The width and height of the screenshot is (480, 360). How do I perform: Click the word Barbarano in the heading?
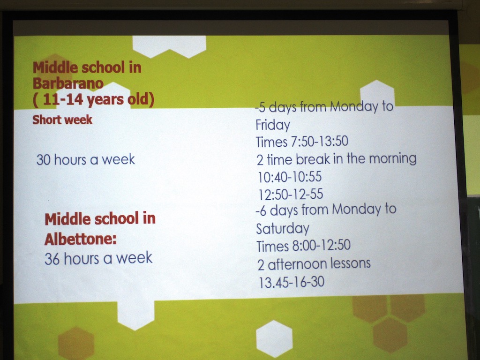[68, 83]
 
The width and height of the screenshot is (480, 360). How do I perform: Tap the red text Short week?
[62, 120]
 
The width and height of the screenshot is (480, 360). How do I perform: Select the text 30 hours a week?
[86, 159]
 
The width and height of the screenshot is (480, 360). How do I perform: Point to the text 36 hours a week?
[98, 258]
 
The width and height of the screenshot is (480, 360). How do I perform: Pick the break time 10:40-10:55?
[290, 177]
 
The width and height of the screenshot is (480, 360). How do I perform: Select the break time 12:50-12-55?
[291, 194]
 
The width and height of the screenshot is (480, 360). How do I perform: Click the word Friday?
[273, 125]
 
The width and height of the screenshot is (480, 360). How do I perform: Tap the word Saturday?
[283, 228]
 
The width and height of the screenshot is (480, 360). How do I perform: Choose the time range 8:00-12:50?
[322, 245]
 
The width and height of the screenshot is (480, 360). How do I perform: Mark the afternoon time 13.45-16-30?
[292, 282]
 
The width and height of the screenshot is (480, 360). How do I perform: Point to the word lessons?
[351, 263]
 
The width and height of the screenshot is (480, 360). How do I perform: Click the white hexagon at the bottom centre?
[274, 338]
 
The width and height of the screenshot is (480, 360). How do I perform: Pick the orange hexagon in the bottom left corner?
[76, 344]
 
